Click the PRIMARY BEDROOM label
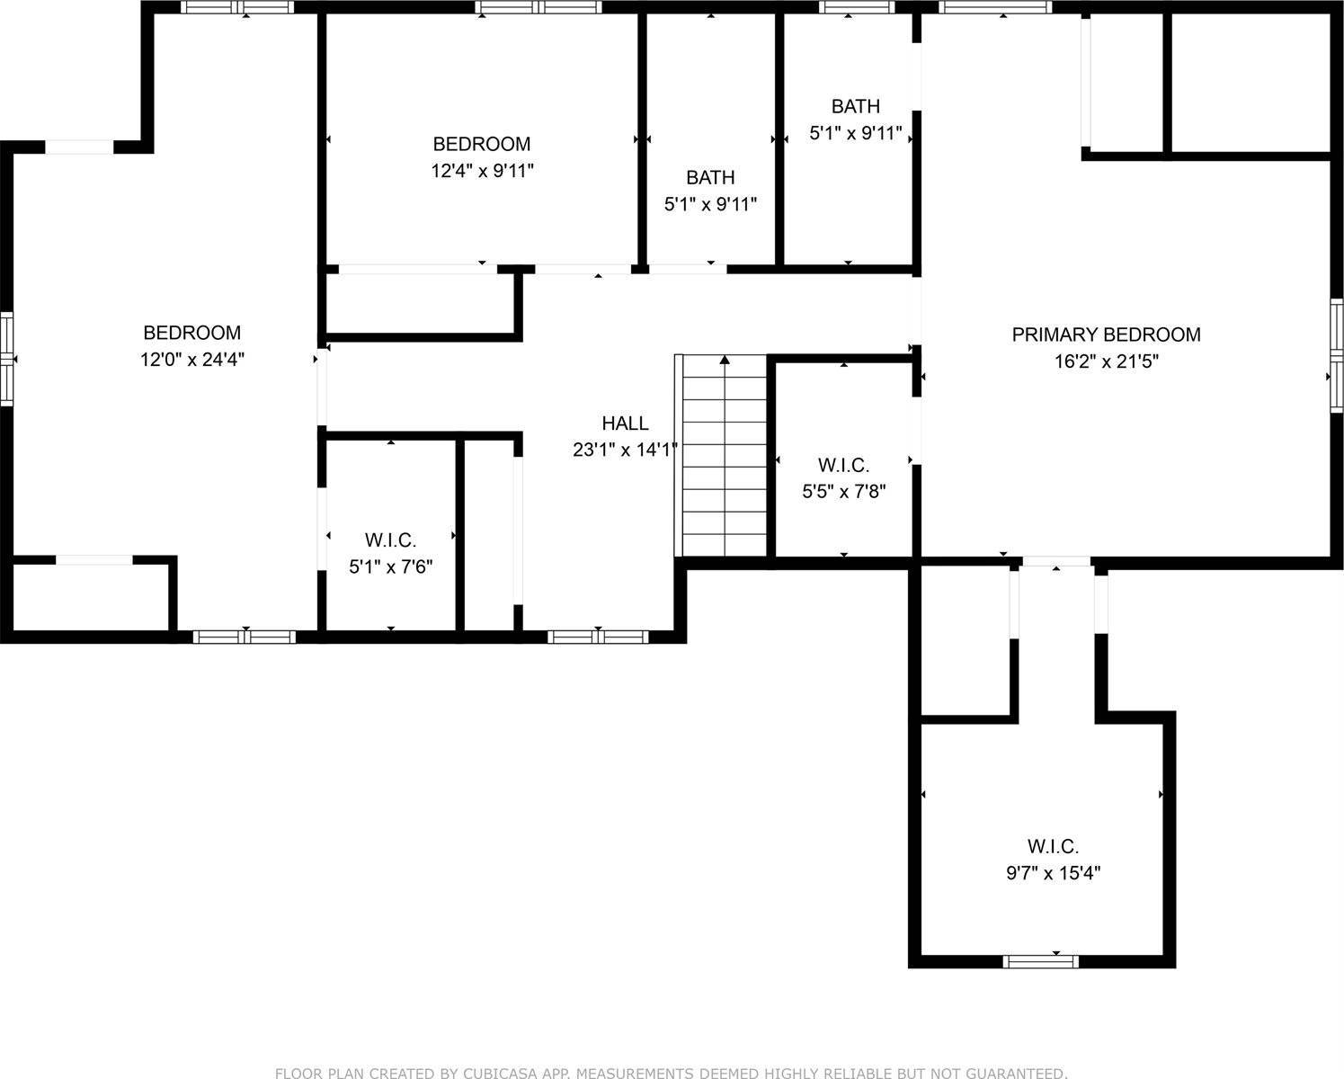[x=1106, y=334]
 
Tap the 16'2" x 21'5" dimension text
[x=1106, y=361]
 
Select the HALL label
[x=625, y=424]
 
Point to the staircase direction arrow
[x=725, y=361]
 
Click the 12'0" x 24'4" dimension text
[x=192, y=360]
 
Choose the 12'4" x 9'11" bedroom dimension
[x=483, y=171]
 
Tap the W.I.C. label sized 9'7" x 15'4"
[x=1053, y=846]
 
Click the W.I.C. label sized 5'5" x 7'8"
[x=843, y=465]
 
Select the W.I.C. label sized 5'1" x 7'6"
[x=390, y=539]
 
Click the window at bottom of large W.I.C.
[x=1041, y=960]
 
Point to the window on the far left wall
[x=6, y=357]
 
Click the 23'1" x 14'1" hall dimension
[x=625, y=450]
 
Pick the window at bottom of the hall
[x=598, y=637]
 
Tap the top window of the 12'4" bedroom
[x=538, y=7]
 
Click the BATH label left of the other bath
[x=710, y=177]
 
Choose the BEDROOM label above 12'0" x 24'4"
[x=192, y=333]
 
